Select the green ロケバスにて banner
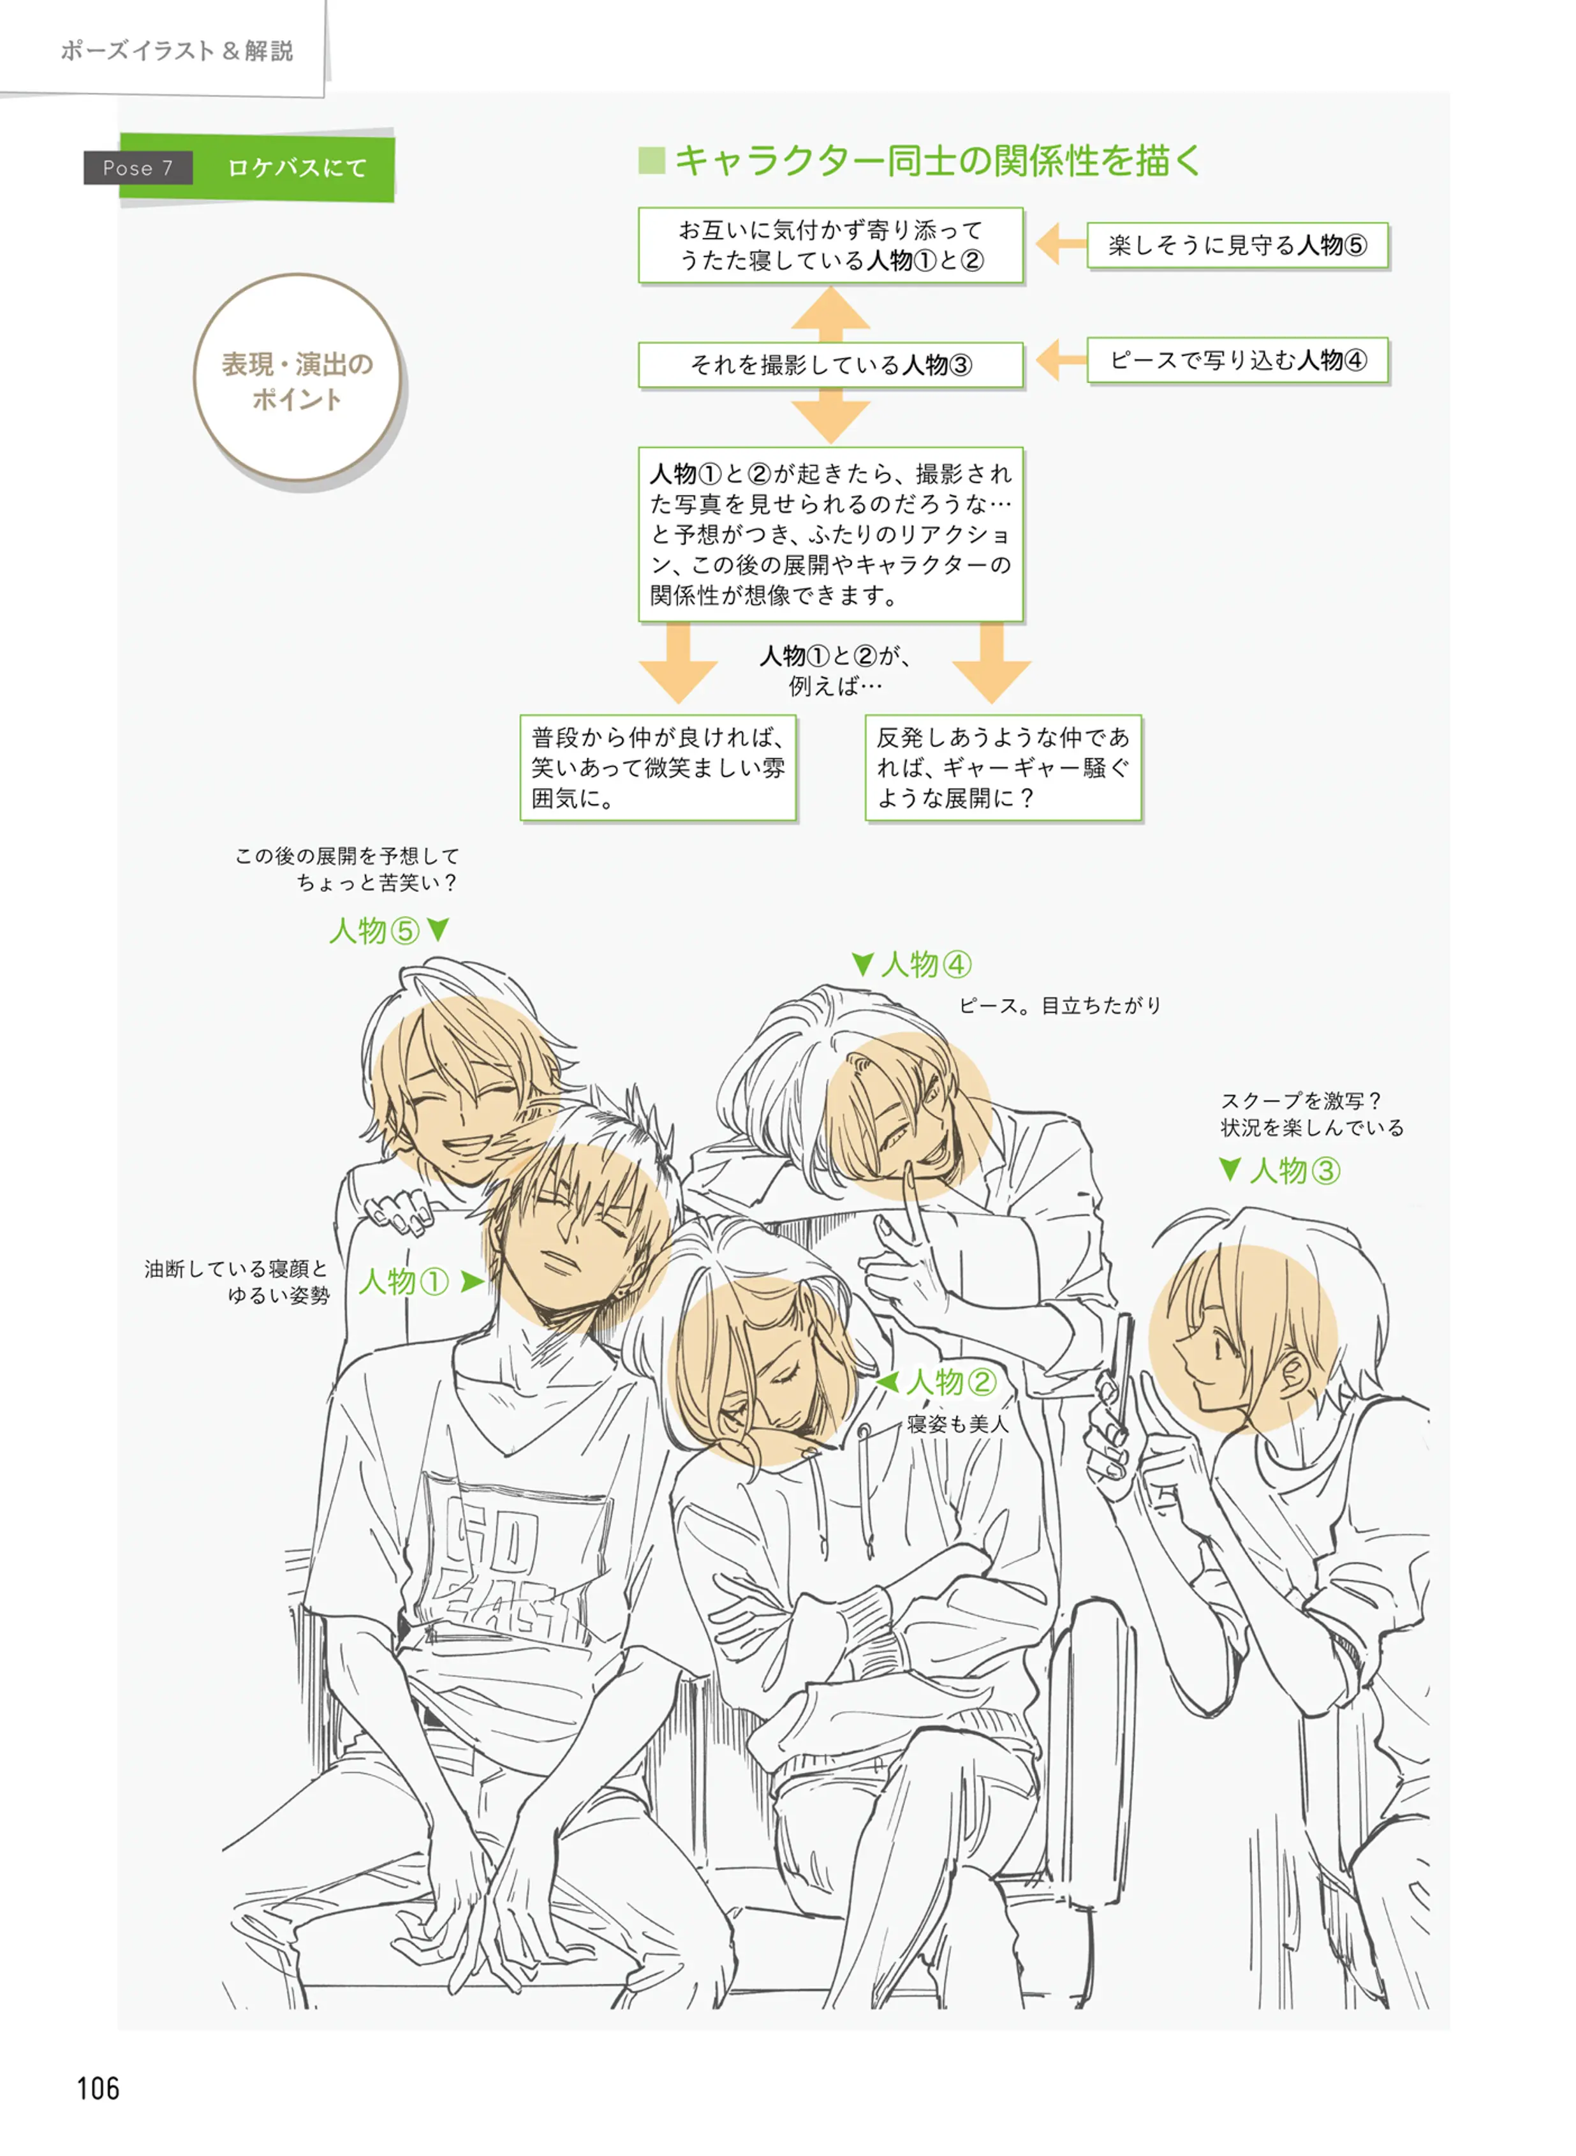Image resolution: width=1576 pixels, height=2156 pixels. point(297,168)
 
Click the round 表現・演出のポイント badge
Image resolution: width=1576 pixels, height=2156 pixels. point(298,380)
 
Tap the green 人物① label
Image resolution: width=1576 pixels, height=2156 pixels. point(404,1281)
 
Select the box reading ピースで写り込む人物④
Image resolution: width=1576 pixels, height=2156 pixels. point(1237,361)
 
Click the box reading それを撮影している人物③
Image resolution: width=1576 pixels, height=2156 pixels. point(830,364)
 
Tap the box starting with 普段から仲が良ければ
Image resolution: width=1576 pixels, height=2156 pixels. point(658,768)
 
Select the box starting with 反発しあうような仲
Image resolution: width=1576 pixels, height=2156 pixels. point(1003,768)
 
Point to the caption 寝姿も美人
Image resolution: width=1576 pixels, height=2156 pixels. point(957,1424)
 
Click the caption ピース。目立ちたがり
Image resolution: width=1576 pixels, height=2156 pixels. point(1060,1005)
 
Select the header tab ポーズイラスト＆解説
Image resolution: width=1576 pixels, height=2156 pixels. point(177,50)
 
